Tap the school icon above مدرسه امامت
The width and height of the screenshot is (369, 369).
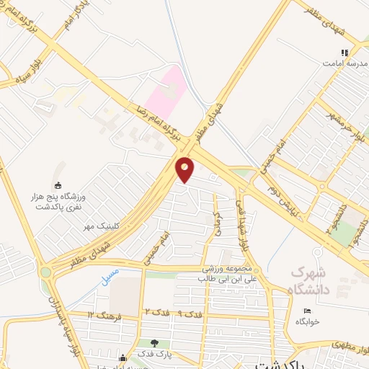[344, 53]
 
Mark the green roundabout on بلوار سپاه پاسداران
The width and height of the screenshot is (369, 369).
[47, 272]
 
